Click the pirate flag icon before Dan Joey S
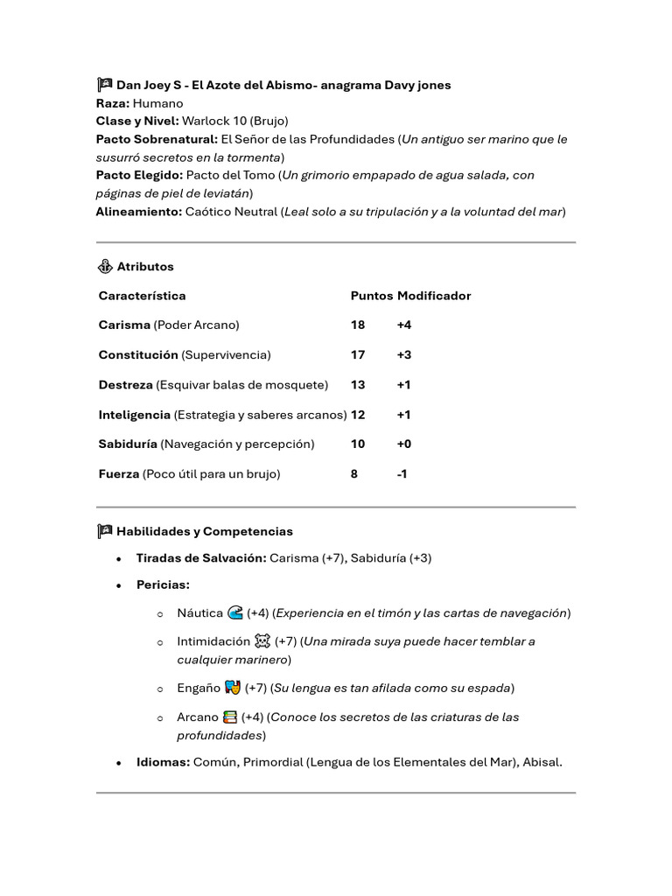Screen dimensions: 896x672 click(x=104, y=85)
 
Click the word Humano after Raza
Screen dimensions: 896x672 click(x=158, y=103)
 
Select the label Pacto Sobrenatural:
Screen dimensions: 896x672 click(x=157, y=139)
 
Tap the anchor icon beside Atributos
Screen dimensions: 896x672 click(x=104, y=266)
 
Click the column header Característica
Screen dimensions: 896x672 click(x=142, y=296)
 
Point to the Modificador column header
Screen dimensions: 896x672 click(x=434, y=296)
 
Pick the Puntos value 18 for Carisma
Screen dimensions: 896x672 click(x=358, y=325)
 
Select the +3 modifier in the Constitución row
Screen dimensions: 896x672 click(x=403, y=354)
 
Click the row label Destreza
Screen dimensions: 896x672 click(x=125, y=384)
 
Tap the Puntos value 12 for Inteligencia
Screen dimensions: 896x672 click(x=358, y=414)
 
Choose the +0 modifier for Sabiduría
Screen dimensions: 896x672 click(x=403, y=444)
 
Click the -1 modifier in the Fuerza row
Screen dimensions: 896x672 click(x=402, y=473)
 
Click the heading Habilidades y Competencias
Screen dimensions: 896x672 click(x=205, y=531)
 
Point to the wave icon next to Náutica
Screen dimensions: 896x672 click(x=234, y=612)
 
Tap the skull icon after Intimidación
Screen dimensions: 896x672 click(x=262, y=640)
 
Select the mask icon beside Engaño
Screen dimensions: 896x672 click(x=232, y=687)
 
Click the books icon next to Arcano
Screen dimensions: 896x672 click(x=230, y=717)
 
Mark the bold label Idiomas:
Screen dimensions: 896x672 click(x=163, y=762)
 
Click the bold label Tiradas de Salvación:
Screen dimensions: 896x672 click(x=201, y=557)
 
